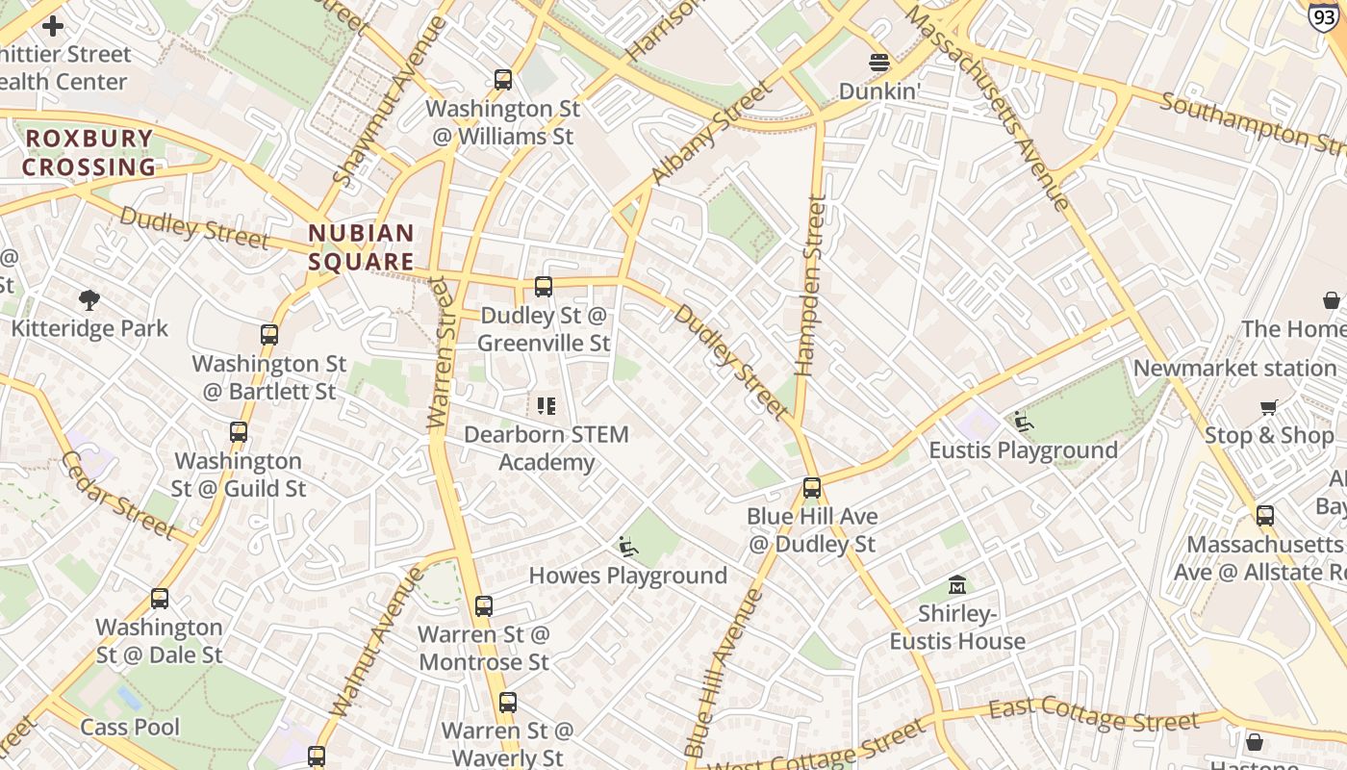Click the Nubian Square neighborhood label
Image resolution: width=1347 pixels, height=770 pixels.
coord(362,247)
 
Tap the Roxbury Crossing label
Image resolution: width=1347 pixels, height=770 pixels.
coord(89,152)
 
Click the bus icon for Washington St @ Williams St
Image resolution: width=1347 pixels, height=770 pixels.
coord(502,80)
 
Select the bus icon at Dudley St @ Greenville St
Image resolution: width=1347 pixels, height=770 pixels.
coord(544,287)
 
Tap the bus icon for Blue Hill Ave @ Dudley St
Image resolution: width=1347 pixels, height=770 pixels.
coord(812,488)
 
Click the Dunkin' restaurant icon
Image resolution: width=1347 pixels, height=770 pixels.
coord(879,63)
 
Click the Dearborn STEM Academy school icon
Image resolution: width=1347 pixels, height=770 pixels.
coord(546,406)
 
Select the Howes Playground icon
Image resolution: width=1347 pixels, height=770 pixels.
coord(628,547)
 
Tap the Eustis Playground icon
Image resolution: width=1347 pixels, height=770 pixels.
coord(1024,422)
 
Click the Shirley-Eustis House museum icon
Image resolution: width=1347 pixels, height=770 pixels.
coord(957,585)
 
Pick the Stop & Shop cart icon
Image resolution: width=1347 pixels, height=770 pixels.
coord(1269,408)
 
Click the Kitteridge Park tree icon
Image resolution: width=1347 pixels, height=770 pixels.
coord(89,300)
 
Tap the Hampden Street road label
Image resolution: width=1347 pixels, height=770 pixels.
coord(810,285)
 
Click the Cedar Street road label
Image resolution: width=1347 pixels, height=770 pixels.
coord(118,494)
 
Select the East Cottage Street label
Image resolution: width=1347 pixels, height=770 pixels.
coord(1094,715)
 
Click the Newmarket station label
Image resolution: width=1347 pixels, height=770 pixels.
coord(1234,369)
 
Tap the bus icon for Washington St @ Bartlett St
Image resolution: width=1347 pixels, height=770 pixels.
coord(269,335)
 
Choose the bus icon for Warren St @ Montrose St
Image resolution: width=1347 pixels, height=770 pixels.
coord(484,606)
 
